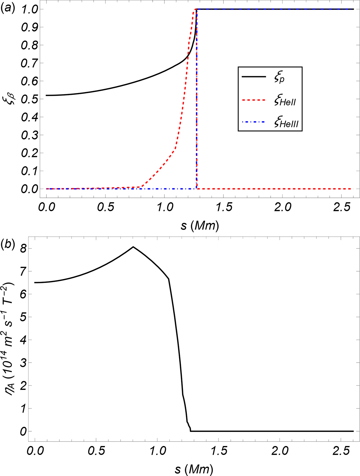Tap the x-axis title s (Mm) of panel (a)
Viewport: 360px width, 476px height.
click(200, 225)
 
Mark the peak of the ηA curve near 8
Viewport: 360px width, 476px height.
click(133, 247)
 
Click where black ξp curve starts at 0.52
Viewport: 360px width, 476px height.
click(46, 95)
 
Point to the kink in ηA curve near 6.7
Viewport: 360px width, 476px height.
click(169, 279)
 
